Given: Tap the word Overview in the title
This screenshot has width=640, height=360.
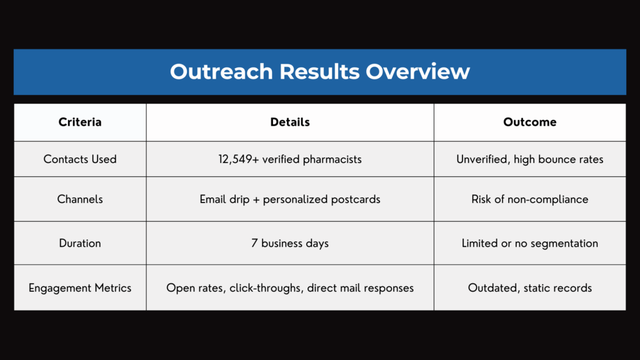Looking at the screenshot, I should (x=418, y=71).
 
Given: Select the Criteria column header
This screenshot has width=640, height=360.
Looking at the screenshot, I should (x=80, y=122).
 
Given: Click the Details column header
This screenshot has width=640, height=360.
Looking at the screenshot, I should (x=290, y=122).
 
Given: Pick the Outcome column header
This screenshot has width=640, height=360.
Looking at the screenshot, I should (x=530, y=122).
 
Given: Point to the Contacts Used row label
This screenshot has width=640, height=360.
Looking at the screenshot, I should (x=80, y=159).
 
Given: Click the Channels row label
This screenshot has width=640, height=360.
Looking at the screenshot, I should (x=80, y=199).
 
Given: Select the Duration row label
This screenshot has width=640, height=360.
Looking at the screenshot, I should (x=80, y=243).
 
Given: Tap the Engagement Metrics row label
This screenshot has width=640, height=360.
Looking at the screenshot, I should (x=80, y=288).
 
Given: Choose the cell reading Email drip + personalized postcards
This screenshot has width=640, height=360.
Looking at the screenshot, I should (x=290, y=199).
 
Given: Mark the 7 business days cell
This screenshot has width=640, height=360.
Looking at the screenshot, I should (x=290, y=243).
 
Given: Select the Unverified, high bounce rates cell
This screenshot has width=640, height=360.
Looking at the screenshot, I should (x=530, y=159).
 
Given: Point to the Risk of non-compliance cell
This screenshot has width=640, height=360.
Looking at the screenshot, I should (x=530, y=199).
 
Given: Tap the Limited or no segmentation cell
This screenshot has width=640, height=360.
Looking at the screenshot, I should (x=530, y=243).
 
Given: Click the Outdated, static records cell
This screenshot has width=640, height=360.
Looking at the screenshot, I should (x=530, y=288).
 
